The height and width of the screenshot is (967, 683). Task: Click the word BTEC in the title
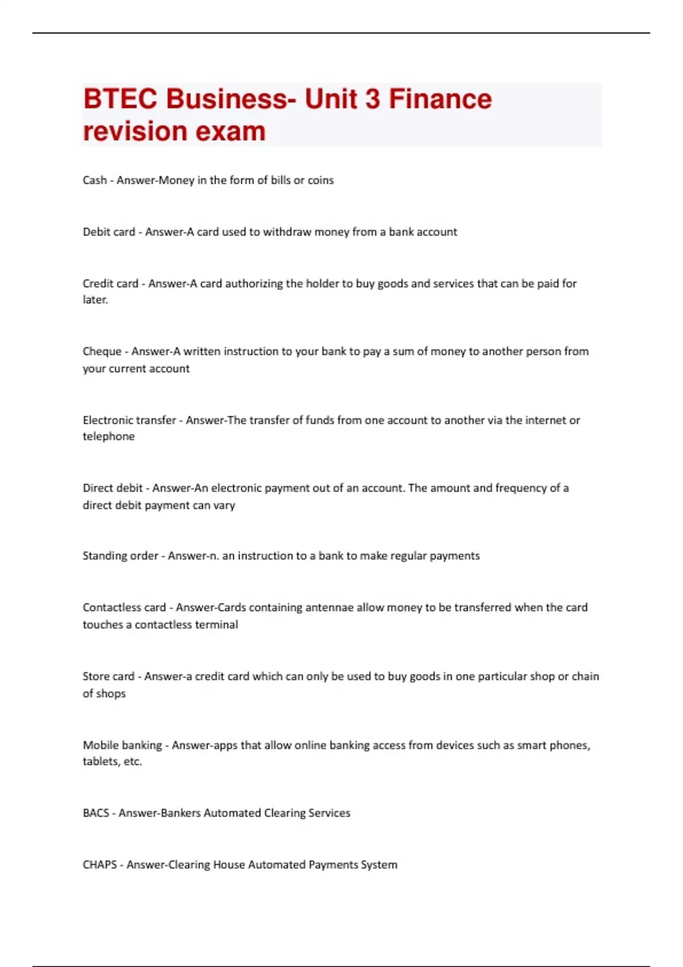(x=120, y=99)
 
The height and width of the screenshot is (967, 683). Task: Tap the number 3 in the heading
(x=372, y=99)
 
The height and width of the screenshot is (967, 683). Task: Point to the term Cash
(x=94, y=180)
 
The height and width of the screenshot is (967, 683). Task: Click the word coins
(x=320, y=180)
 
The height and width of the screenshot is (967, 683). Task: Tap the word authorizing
(x=254, y=283)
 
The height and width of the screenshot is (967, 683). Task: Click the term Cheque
(x=102, y=352)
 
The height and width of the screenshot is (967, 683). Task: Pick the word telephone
(x=109, y=436)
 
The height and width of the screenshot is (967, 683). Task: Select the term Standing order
(x=120, y=556)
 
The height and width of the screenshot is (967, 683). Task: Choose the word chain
(x=585, y=676)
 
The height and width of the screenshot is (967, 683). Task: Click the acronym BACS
(x=96, y=813)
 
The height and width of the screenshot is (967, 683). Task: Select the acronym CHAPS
(x=100, y=865)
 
